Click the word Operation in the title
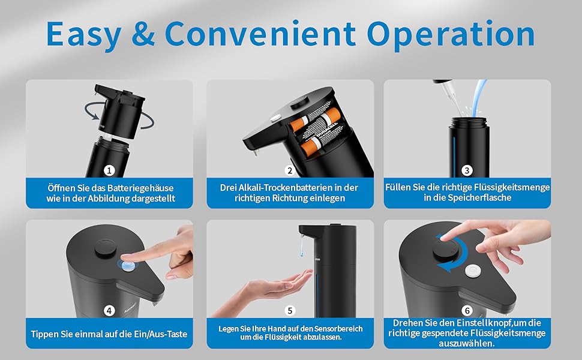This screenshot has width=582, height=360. (451, 35)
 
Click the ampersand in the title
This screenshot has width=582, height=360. (143, 34)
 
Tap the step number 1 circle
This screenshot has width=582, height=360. (109, 170)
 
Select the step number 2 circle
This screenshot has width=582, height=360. (290, 170)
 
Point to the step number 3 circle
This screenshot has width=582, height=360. (467, 170)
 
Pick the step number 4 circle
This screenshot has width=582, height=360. (109, 311)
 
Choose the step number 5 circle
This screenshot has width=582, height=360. (290, 311)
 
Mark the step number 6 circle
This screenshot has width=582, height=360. (467, 311)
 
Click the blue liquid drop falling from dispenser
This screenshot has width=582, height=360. (301, 247)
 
